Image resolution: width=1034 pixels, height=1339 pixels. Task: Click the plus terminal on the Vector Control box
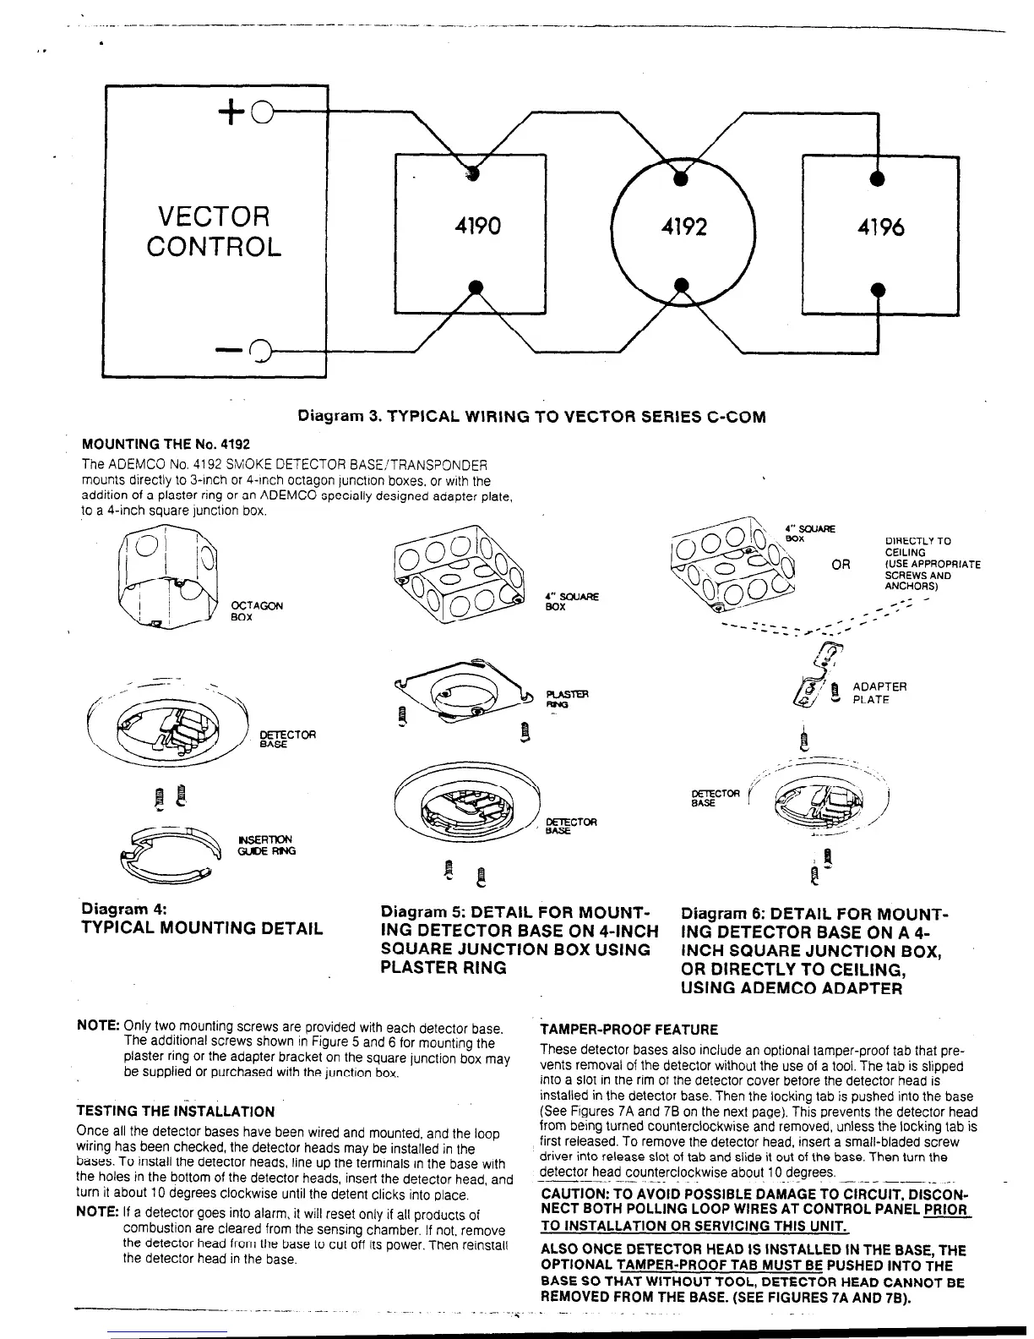tap(261, 110)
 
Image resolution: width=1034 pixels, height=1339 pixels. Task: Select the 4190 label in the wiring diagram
tap(477, 227)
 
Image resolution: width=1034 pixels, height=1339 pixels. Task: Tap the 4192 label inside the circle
tap(682, 227)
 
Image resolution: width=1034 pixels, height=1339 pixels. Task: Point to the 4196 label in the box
tap(880, 227)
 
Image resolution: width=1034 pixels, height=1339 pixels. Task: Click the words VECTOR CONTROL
tap(213, 232)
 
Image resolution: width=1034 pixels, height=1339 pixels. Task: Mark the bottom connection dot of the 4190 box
tap(476, 286)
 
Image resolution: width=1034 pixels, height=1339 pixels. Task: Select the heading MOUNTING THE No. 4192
tap(166, 444)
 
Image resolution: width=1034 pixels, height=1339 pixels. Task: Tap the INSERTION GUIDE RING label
tap(267, 844)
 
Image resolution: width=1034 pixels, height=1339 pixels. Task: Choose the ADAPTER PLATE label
tap(879, 693)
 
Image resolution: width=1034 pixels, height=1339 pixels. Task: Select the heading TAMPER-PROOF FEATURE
tap(629, 1030)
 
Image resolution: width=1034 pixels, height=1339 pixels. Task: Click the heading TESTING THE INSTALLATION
tap(176, 1111)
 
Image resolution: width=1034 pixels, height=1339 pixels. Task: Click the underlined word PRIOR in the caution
tap(945, 1210)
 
